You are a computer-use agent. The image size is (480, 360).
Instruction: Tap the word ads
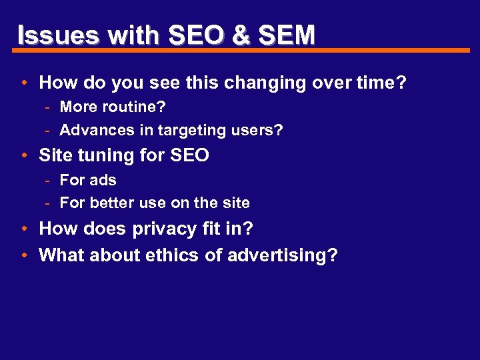pos(102,180)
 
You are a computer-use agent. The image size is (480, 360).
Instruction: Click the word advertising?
pos(283,255)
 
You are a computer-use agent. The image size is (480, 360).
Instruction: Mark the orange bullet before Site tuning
pos(24,157)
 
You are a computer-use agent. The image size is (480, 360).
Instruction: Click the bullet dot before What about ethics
pos(24,256)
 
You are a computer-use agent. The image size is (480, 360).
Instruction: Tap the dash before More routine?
pos(49,107)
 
